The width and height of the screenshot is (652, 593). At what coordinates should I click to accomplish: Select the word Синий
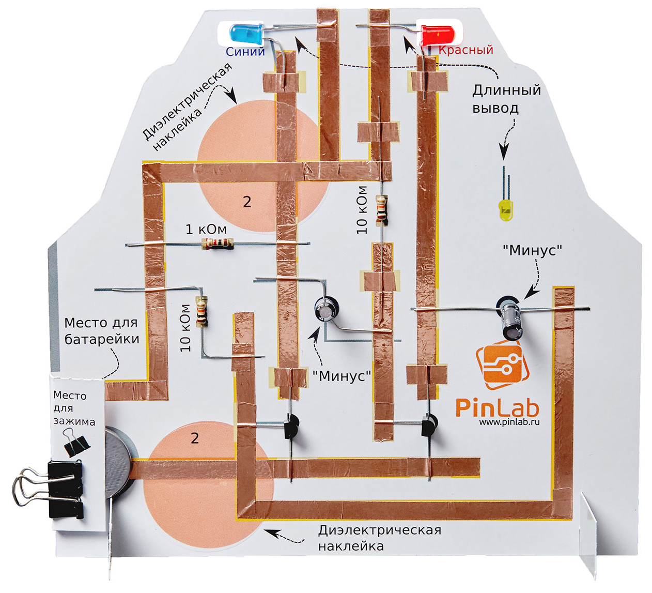click(x=245, y=51)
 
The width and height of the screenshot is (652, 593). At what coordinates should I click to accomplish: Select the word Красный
click(x=466, y=50)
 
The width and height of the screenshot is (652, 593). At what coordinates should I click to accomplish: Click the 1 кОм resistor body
click(x=217, y=244)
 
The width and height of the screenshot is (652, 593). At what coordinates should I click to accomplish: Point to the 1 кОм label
click(x=206, y=229)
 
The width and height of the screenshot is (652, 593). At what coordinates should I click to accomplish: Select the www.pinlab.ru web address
click(x=509, y=422)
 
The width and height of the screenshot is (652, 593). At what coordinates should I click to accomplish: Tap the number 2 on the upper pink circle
click(x=247, y=202)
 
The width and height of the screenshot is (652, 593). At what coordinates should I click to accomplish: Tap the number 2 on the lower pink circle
click(x=195, y=438)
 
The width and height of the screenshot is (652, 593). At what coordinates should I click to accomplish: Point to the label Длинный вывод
click(x=506, y=99)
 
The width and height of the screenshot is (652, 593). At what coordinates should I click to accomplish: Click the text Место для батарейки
click(x=101, y=331)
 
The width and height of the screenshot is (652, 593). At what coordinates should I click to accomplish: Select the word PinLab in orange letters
click(x=497, y=407)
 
